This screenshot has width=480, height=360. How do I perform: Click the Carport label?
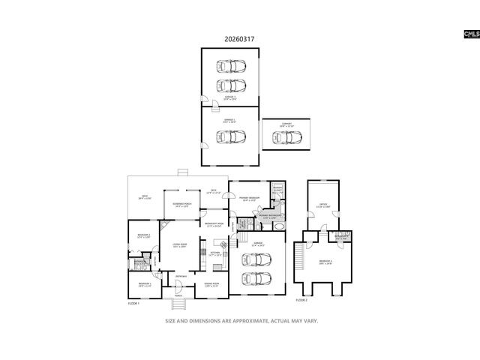(x=286, y=124)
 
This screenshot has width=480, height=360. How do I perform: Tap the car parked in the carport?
(x=287, y=138)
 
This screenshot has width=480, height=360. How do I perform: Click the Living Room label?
(x=179, y=245)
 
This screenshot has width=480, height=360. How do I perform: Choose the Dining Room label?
(x=211, y=283)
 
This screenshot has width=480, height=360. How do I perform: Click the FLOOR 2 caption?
(x=301, y=300)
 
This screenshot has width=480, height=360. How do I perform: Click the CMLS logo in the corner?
(x=471, y=34)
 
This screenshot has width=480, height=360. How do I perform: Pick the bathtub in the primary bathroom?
(x=278, y=226)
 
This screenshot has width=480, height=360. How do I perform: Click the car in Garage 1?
(x=230, y=136)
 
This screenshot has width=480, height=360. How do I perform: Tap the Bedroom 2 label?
(x=144, y=236)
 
